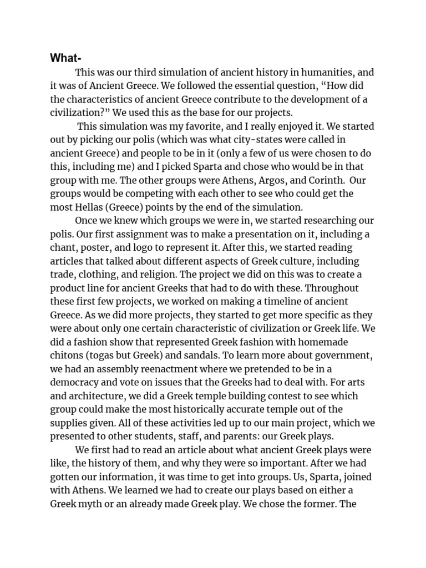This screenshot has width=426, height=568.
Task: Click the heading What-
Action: coord(65,58)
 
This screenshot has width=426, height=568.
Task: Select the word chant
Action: coord(63,248)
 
